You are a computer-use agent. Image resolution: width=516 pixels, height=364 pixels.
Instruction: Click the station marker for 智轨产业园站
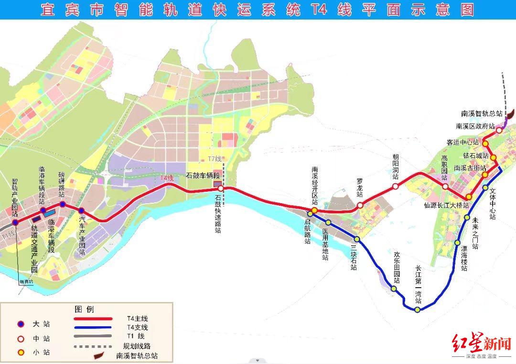pos(15,222)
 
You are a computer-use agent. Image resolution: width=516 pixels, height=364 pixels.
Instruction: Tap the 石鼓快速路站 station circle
pos(221,188)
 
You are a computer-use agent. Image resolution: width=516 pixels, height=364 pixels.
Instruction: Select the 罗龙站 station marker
pos(360,205)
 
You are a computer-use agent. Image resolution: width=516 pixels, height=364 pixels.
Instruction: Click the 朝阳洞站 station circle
pos(395,187)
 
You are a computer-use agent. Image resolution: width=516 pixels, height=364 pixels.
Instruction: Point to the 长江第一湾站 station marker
pos(418,310)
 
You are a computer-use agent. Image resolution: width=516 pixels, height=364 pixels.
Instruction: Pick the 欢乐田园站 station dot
pos(394,289)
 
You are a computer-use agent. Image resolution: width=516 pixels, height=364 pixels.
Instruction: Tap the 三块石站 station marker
pos(356,239)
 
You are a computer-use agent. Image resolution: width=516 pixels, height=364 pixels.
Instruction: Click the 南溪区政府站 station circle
pos(499,130)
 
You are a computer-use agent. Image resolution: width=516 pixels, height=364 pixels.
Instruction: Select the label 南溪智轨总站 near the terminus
pos(482,114)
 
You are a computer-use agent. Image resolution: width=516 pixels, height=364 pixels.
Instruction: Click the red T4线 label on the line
pos(166,178)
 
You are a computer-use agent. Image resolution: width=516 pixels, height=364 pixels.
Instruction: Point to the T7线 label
pos(215,159)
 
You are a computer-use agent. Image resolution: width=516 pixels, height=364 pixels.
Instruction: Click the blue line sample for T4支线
pos(93,327)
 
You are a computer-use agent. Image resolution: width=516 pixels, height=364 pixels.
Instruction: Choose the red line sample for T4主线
pos(93,318)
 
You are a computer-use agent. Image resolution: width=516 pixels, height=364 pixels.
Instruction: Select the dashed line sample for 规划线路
pos(93,346)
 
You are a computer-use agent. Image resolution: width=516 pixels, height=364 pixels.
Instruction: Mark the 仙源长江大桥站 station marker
pos(469,197)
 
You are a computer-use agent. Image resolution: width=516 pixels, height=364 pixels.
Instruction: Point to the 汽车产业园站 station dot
pos(81,211)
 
